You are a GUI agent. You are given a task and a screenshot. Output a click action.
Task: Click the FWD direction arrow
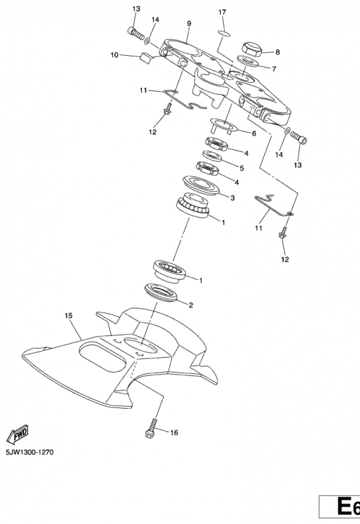[18, 434]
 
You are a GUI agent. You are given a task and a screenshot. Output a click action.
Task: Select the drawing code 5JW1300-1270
[29, 453]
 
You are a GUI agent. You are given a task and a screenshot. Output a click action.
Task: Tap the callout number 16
[174, 433]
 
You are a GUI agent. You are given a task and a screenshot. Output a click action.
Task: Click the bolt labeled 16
[151, 428]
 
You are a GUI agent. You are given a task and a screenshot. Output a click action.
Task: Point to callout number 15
[69, 316]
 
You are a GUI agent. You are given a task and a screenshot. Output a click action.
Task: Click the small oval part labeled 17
[224, 33]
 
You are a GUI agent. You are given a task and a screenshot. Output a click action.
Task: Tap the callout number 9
[189, 24]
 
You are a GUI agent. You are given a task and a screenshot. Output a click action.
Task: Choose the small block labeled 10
[145, 58]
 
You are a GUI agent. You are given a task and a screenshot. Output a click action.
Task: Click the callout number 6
[254, 134]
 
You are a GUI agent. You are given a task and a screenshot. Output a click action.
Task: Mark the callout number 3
[232, 198]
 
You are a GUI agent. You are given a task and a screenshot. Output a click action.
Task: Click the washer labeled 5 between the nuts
[212, 156]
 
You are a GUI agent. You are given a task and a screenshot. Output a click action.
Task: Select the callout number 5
[242, 168]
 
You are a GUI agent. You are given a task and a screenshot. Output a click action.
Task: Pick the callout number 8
[278, 52]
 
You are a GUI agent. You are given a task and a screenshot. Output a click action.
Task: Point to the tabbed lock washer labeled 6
[223, 125]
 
